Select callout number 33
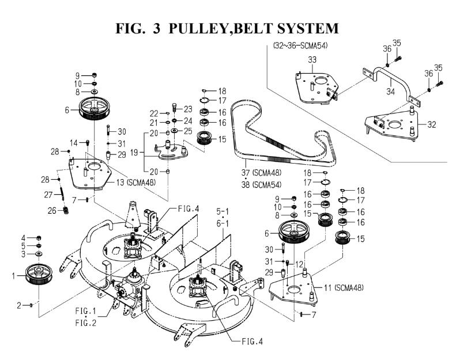pos(313,59)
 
